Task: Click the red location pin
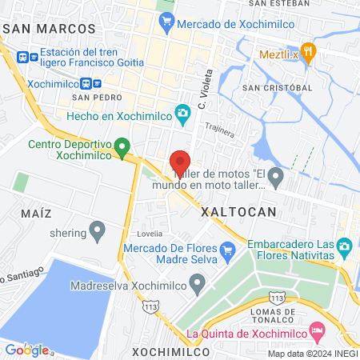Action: point(180,161)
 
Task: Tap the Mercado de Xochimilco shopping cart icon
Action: point(166,24)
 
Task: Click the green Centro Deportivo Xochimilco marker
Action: point(122,146)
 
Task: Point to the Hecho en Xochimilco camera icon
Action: point(183,113)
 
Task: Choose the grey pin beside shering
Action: point(98,233)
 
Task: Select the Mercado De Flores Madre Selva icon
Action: point(227,250)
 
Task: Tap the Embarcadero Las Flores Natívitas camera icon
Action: point(345,246)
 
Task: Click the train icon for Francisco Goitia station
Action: point(22,57)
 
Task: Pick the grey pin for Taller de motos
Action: point(276,175)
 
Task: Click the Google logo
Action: point(26,350)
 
